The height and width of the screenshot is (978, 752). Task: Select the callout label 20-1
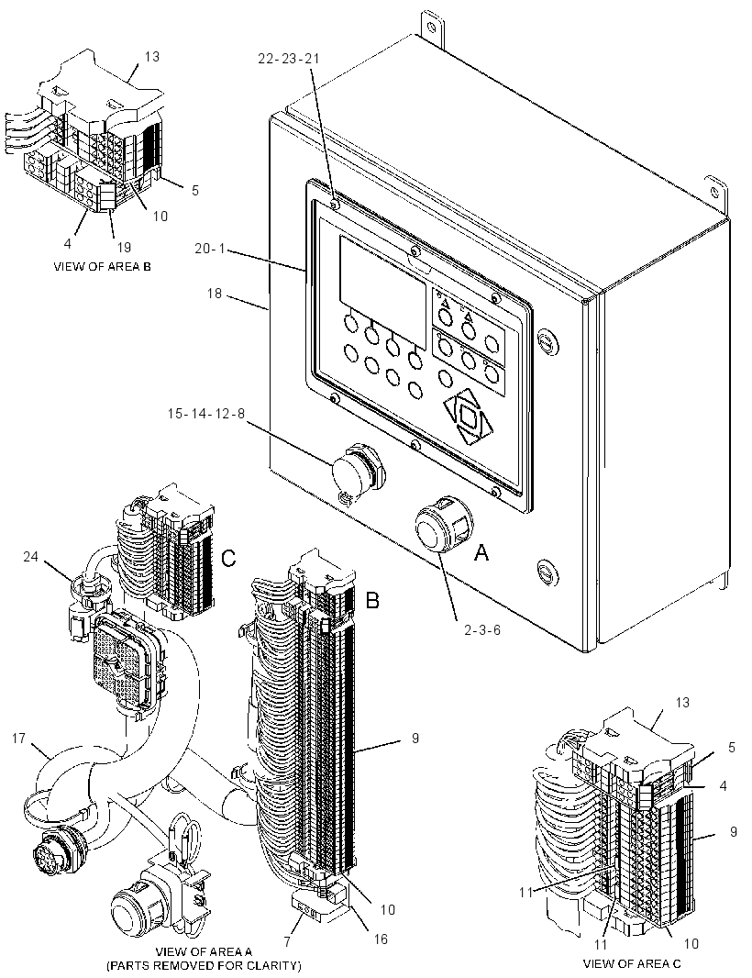click(210, 249)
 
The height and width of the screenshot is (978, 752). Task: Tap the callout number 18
click(214, 293)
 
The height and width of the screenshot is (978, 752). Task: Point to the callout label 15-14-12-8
click(206, 414)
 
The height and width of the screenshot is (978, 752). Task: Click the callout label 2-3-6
click(482, 629)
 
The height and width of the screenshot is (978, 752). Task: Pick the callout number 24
click(32, 556)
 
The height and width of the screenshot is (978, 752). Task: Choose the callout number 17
click(18, 738)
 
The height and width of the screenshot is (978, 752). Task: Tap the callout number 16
click(380, 939)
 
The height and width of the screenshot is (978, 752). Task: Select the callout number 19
click(124, 248)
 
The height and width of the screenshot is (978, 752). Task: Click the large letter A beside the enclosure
click(481, 552)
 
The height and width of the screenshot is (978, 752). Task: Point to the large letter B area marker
click(372, 600)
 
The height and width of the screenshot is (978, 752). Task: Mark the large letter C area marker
click(229, 558)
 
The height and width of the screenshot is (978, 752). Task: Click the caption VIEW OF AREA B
click(103, 266)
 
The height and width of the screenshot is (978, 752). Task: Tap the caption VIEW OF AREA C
click(632, 963)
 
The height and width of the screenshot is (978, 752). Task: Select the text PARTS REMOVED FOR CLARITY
click(204, 966)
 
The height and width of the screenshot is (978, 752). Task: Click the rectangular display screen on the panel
click(382, 294)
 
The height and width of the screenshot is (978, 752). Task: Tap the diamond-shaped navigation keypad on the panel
click(469, 417)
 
